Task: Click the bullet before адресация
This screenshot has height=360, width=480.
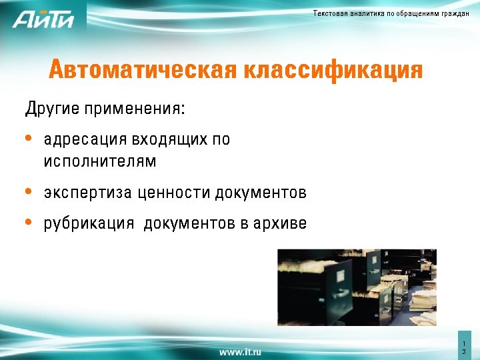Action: [28, 139]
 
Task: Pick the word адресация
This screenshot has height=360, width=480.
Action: [85, 140]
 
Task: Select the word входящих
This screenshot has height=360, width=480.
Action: [168, 140]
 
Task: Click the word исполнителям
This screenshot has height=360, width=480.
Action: [100, 162]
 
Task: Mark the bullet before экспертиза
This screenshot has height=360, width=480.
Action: [28, 192]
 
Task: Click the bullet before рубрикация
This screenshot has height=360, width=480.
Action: [28, 222]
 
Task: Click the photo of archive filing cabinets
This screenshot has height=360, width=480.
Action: [356, 287]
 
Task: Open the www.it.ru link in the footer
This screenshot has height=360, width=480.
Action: [240, 351]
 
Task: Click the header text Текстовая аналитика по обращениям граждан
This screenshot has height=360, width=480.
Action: [391, 13]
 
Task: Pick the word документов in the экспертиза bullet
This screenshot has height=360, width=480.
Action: [261, 193]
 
